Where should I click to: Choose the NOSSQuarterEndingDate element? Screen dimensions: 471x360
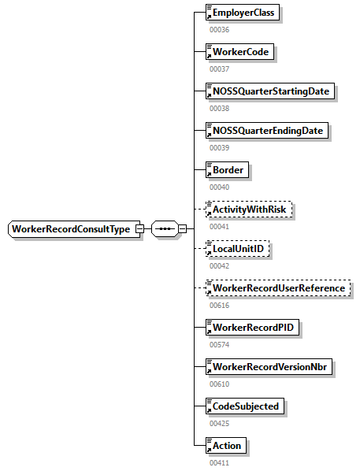(266, 131)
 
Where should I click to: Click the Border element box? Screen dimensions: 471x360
(226, 170)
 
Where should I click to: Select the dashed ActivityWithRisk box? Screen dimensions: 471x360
(248, 210)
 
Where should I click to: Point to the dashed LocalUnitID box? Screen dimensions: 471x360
(236, 249)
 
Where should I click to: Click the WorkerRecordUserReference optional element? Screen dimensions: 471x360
(276, 288)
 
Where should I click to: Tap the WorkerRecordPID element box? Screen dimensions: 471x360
(251, 328)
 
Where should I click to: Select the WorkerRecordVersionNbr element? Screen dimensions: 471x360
(269, 367)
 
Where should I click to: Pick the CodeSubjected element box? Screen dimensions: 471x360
(244, 406)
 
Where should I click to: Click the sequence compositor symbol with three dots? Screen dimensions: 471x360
(162, 229)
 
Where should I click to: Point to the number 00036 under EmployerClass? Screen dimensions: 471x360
(220, 29)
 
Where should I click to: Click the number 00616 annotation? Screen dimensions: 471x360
(220, 305)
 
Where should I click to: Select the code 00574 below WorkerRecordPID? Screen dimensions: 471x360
(220, 344)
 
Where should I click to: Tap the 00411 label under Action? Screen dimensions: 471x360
(220, 462)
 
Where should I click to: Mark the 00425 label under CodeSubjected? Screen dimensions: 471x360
(220, 423)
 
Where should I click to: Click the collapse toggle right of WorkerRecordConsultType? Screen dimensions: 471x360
(139, 229)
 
